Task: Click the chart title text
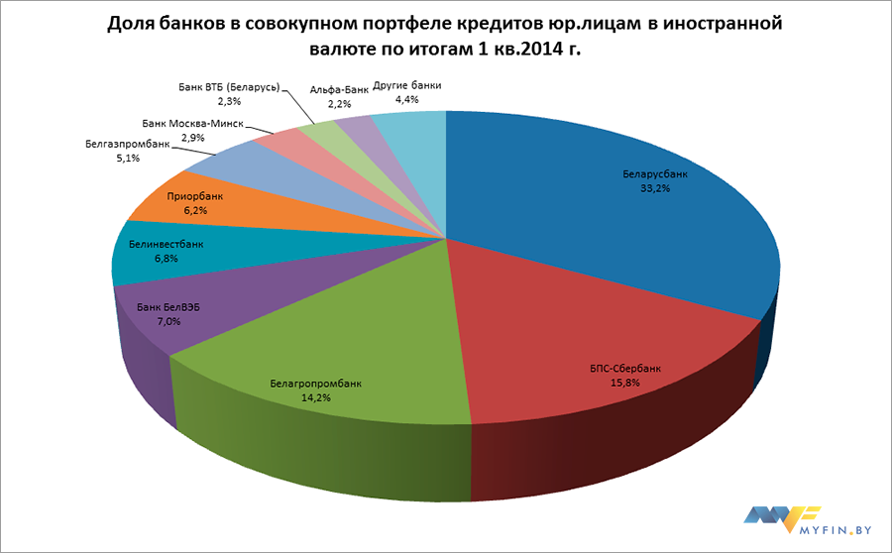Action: (445, 37)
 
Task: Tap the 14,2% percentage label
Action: (316, 396)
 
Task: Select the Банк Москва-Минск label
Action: (190, 124)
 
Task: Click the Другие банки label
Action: (407, 86)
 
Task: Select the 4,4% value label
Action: (407, 100)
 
